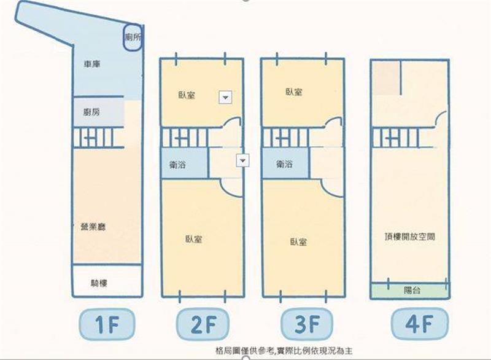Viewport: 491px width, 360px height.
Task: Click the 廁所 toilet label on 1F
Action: coord(133,37)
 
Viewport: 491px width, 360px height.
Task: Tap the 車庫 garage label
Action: coord(91,65)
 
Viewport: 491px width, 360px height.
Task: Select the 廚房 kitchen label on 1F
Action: coord(91,112)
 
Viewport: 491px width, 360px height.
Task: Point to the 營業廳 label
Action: coord(93,227)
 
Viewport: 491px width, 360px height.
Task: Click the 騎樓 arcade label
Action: coord(99,283)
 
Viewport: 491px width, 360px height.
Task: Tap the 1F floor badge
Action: coord(107,324)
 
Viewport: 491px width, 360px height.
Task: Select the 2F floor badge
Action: coord(203,324)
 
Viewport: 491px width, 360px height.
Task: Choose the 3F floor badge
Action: coord(307,324)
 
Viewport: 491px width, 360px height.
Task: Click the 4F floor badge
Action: coord(420,323)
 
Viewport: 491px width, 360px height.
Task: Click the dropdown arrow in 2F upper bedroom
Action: coord(225,98)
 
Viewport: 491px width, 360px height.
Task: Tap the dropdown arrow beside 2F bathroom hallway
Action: coord(242,160)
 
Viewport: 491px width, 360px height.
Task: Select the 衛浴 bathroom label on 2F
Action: coord(177,164)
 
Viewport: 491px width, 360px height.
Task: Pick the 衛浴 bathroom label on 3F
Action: coord(284,163)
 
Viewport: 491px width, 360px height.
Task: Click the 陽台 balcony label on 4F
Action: coord(412,290)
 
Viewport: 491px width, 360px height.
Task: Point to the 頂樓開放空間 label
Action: coord(409,237)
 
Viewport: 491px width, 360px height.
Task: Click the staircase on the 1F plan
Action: coord(98,137)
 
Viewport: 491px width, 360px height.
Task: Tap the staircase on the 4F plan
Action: coord(395,138)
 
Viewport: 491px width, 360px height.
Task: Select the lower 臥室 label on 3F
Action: coord(298,242)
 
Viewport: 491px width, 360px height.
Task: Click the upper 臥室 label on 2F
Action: coord(187,95)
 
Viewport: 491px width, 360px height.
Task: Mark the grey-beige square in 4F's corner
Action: coord(386,77)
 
